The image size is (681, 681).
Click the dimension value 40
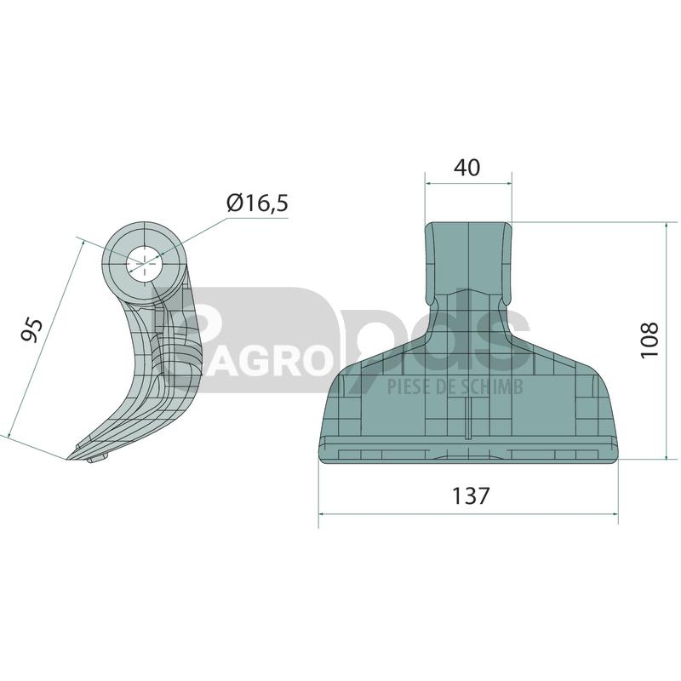[x=466, y=168]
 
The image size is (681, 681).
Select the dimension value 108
[x=650, y=340]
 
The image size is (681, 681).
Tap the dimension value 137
[x=471, y=495]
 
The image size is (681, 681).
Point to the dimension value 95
[x=32, y=330]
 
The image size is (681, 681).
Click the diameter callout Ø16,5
[x=257, y=203]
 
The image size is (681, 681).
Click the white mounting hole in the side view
[x=144, y=264]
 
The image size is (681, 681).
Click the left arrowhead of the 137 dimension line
[x=323, y=514]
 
